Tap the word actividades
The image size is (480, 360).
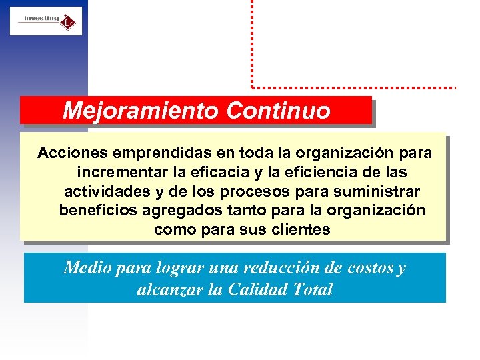point(107,192)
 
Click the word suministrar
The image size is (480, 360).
point(379,192)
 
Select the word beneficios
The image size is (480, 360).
point(97,211)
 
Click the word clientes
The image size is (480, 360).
point(302,230)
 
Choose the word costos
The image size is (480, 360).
point(370,269)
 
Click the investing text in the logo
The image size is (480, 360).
point(41,18)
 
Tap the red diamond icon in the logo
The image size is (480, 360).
point(67,23)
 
